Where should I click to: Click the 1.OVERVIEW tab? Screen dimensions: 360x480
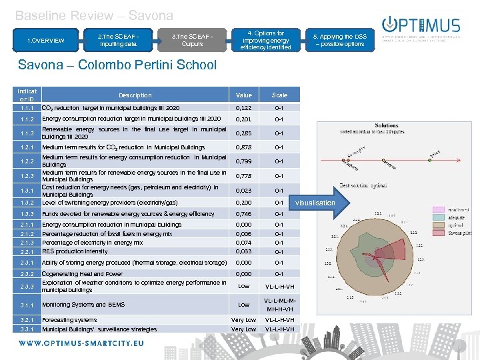pos(46,41)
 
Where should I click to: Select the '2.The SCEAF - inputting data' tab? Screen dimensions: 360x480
pos(117,40)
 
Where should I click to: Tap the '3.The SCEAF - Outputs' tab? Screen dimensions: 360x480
pos(192,40)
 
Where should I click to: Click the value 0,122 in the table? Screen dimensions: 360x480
pos(245,107)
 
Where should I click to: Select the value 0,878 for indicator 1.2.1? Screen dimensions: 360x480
pos(245,147)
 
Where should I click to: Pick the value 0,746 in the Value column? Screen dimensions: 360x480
pos(245,214)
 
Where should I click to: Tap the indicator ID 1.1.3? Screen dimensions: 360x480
pos(27,133)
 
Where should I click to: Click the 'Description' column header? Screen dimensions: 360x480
pos(135,95)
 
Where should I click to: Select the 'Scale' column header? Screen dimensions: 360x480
pos(279,95)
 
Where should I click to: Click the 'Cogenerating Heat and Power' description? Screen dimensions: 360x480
pos(82,274)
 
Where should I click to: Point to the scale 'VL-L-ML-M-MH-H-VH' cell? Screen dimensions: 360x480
pos(279,305)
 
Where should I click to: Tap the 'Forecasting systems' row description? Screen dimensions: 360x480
pos(69,320)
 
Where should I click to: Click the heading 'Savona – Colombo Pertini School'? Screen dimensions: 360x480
pos(117,65)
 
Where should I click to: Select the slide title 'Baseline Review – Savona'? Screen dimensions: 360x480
pos(94,15)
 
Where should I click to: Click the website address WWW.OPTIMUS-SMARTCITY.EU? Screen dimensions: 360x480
pos(81,343)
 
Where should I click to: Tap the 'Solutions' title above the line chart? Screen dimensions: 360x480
pos(387,125)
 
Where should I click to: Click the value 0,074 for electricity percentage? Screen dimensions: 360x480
pos(245,243)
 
